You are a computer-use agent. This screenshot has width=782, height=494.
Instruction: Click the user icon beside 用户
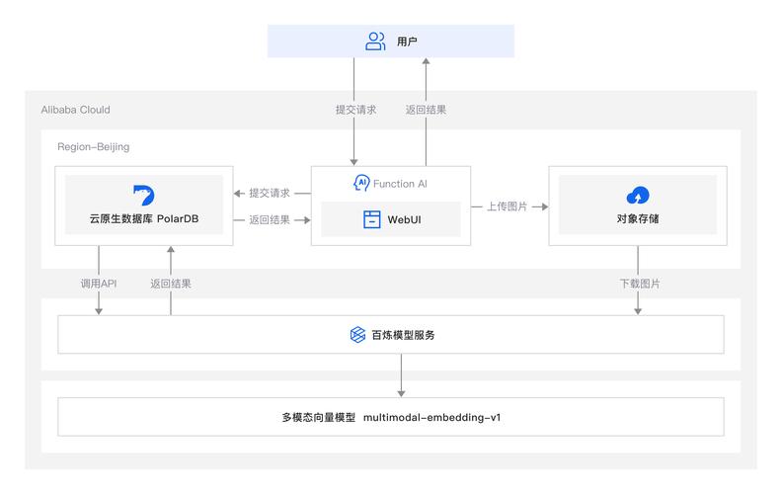(x=375, y=41)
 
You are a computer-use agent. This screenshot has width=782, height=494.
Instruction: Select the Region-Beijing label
(x=93, y=146)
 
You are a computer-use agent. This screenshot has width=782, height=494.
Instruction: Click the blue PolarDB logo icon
(x=144, y=194)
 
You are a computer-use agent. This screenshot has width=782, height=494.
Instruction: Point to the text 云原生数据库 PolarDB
(x=144, y=218)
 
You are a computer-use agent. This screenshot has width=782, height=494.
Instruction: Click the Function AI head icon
(x=361, y=183)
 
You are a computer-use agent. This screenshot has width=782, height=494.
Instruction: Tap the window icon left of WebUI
(x=371, y=218)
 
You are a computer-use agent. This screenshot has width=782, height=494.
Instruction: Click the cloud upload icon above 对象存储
(x=637, y=194)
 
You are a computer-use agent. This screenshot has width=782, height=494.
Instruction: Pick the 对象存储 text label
(x=637, y=218)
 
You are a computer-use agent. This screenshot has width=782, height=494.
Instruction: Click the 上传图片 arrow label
(x=507, y=206)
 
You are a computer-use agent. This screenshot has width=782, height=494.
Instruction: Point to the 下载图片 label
(x=640, y=284)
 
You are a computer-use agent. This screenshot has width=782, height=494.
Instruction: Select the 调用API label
(x=99, y=284)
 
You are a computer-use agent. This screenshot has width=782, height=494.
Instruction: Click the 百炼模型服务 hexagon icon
(x=358, y=335)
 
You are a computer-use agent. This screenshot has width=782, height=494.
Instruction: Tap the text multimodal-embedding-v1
(x=432, y=417)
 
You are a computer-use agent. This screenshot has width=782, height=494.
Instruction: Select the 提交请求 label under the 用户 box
(x=354, y=110)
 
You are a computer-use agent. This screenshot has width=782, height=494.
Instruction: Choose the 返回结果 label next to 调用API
(x=171, y=284)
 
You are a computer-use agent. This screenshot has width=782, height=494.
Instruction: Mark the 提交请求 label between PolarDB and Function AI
(x=270, y=193)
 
